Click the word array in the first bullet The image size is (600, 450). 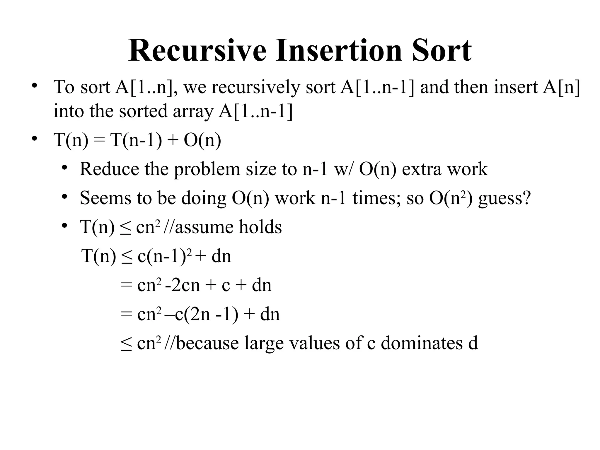pos(193,111)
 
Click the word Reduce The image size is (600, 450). pos(109,169)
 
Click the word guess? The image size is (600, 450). pos(504,198)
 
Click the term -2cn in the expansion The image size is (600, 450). pos(183,285)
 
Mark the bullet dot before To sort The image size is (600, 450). pos(35,86)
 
